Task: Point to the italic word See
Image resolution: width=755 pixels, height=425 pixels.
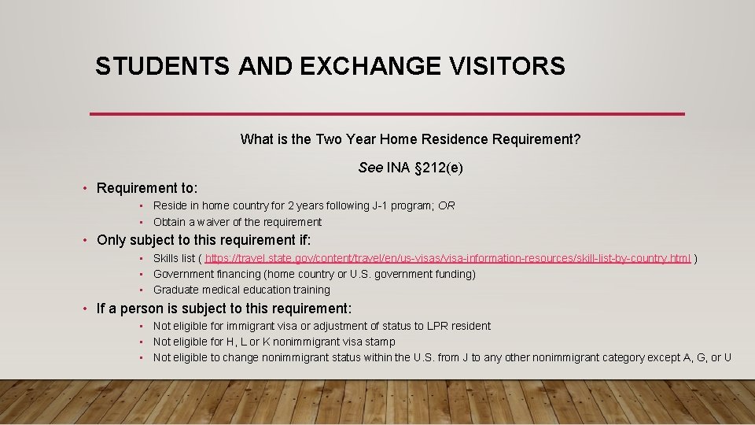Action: (370, 168)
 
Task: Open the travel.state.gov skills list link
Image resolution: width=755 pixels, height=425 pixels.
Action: (447, 258)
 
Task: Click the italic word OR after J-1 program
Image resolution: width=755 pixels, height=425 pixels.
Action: (447, 205)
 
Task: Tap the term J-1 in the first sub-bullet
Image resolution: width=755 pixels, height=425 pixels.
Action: (358, 205)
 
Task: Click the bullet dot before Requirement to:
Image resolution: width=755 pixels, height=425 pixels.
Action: (87, 188)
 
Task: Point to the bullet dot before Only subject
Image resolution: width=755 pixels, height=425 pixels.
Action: (87, 240)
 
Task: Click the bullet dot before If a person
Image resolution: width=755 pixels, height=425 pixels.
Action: (87, 309)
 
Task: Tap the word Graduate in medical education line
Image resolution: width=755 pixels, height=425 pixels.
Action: (175, 290)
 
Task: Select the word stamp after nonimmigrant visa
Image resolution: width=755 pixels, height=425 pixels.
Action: (379, 342)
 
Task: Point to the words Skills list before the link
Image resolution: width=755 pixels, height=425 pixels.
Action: (174, 258)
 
